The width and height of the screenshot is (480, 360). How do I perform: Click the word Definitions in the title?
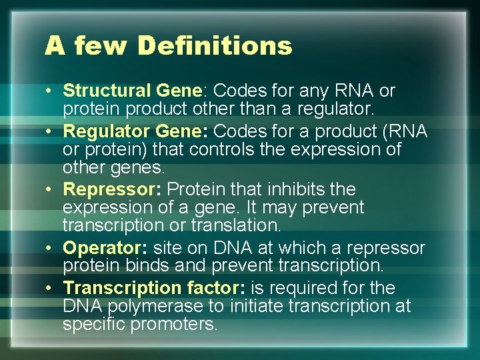[215, 46]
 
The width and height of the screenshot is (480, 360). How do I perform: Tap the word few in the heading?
[99, 46]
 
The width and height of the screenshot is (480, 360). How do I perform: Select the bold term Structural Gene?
[132, 90]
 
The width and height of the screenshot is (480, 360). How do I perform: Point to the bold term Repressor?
[109, 189]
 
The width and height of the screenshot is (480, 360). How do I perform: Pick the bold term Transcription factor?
[154, 288]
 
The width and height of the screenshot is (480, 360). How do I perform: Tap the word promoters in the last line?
[175, 325]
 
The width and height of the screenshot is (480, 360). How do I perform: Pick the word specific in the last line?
[94, 325]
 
